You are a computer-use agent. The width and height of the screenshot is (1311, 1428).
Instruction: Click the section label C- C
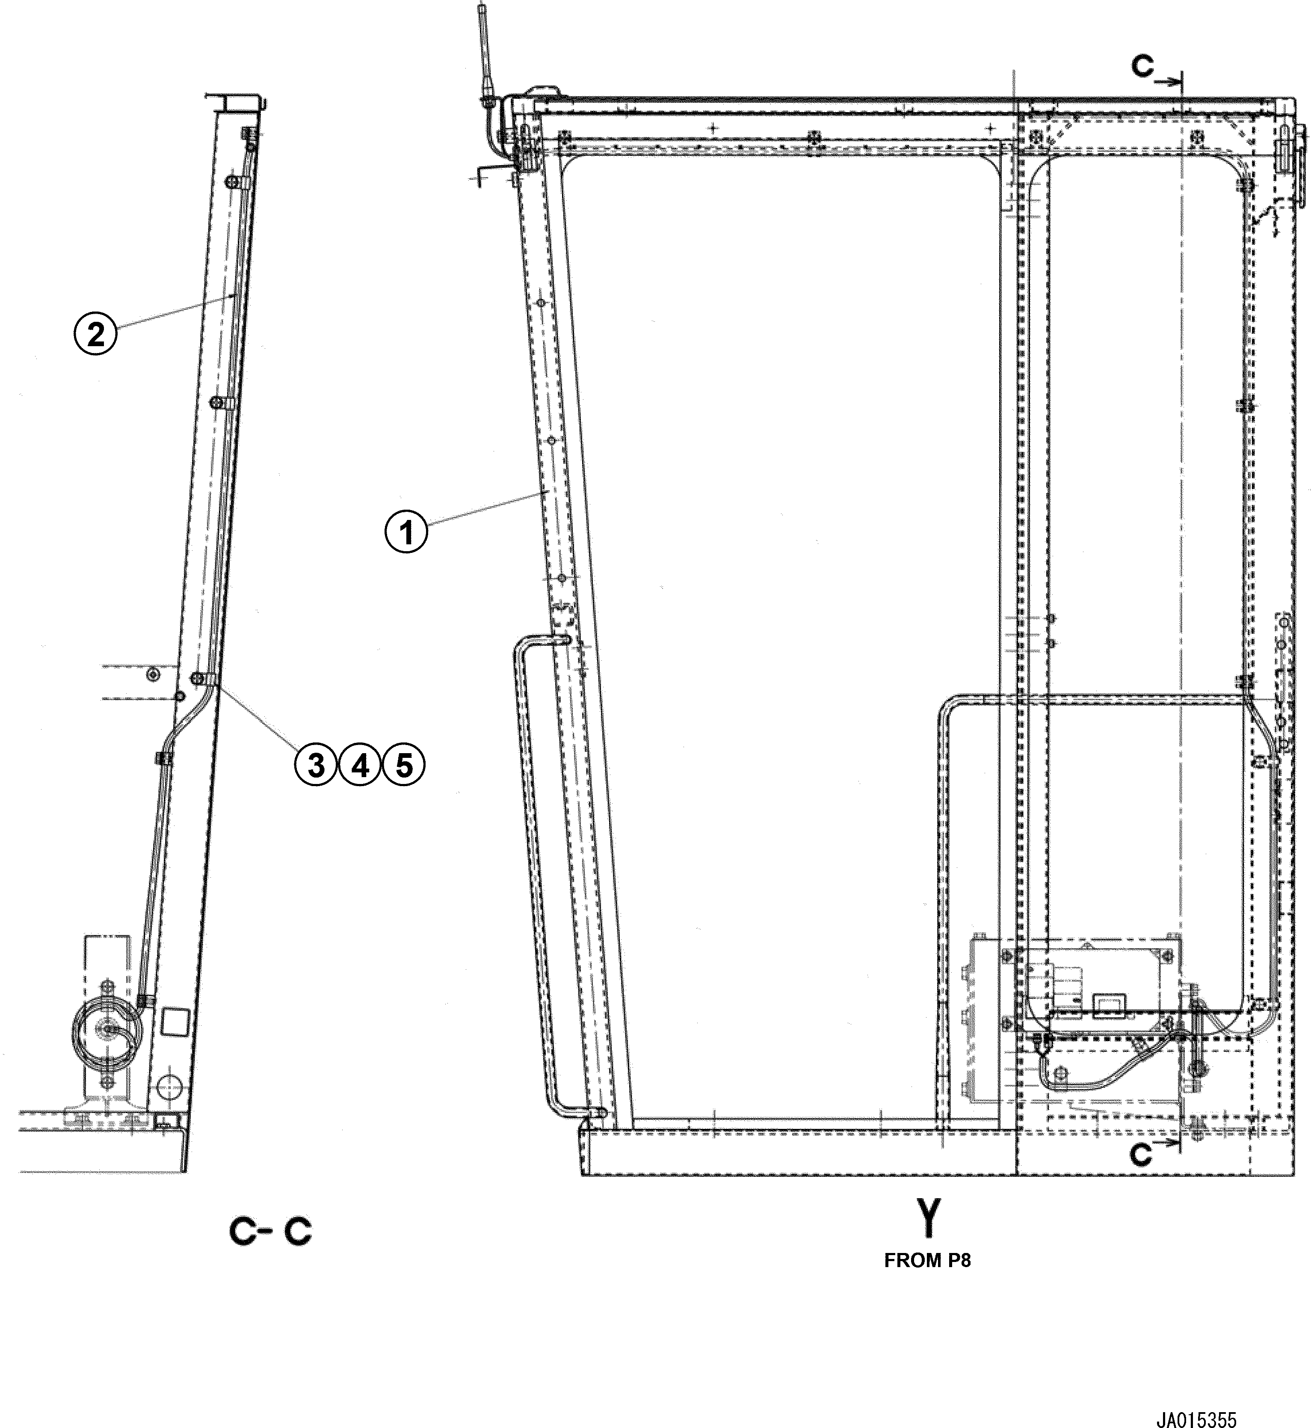pos(270,1232)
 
